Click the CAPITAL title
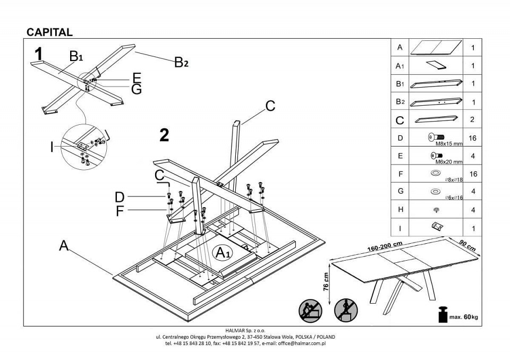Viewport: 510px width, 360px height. [49, 32]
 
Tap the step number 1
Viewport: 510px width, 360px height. [38, 54]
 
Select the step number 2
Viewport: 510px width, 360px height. [164, 135]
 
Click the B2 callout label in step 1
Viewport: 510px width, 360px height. [181, 63]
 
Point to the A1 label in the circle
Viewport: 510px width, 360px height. [222, 253]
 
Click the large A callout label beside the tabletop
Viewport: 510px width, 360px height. [64, 245]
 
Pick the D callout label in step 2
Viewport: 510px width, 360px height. [120, 198]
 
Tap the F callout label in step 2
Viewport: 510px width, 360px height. [120, 211]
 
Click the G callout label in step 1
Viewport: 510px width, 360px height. [137, 89]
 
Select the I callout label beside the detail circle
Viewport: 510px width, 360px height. [52, 147]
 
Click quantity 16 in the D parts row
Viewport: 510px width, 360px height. [472, 138]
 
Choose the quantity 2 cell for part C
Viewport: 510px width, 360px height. [472, 120]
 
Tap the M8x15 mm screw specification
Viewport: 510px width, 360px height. [449, 143]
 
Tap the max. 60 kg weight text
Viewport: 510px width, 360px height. [464, 317]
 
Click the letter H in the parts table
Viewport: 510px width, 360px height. [400, 210]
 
